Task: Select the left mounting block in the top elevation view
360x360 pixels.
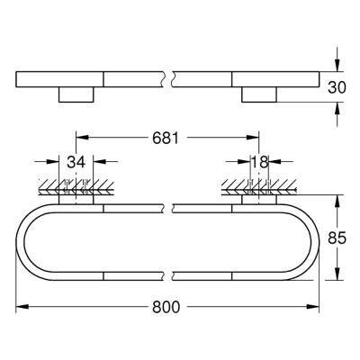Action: pyautogui.click(x=77, y=94)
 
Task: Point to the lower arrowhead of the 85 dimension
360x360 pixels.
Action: pyautogui.click(x=338, y=278)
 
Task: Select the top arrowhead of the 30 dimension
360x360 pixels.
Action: pyautogui.click(x=338, y=66)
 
